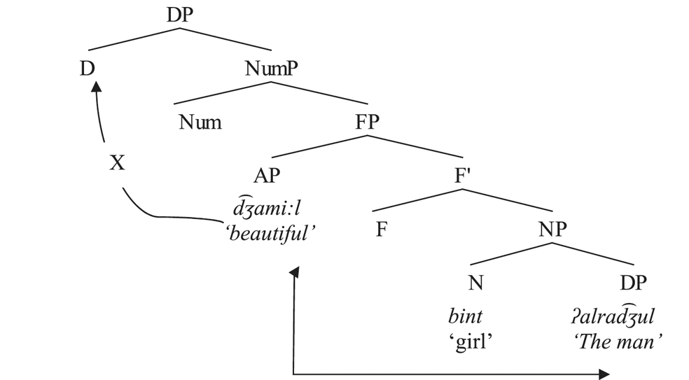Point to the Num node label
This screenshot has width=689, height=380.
(200, 123)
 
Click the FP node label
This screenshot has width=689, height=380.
(367, 122)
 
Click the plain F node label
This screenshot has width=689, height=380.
(381, 230)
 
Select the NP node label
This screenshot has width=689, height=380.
(554, 230)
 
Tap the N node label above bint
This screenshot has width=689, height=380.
(476, 283)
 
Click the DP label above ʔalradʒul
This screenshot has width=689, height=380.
(634, 283)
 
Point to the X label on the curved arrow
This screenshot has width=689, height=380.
(117, 163)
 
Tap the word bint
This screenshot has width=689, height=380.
(466, 316)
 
